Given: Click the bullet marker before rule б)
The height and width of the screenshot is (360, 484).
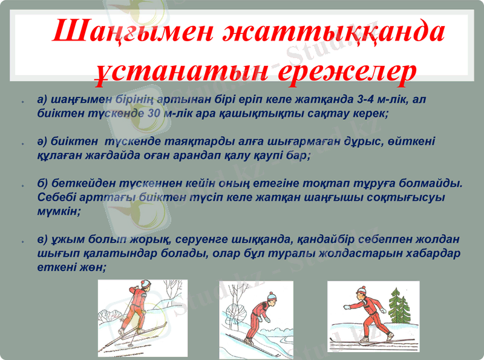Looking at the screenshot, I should point(22,185).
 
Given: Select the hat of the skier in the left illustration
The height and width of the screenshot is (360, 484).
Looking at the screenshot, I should point(146,284).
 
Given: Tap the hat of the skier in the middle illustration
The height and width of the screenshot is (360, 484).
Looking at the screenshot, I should point(271,296).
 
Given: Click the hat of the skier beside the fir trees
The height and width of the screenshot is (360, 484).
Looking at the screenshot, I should point(362,289).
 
